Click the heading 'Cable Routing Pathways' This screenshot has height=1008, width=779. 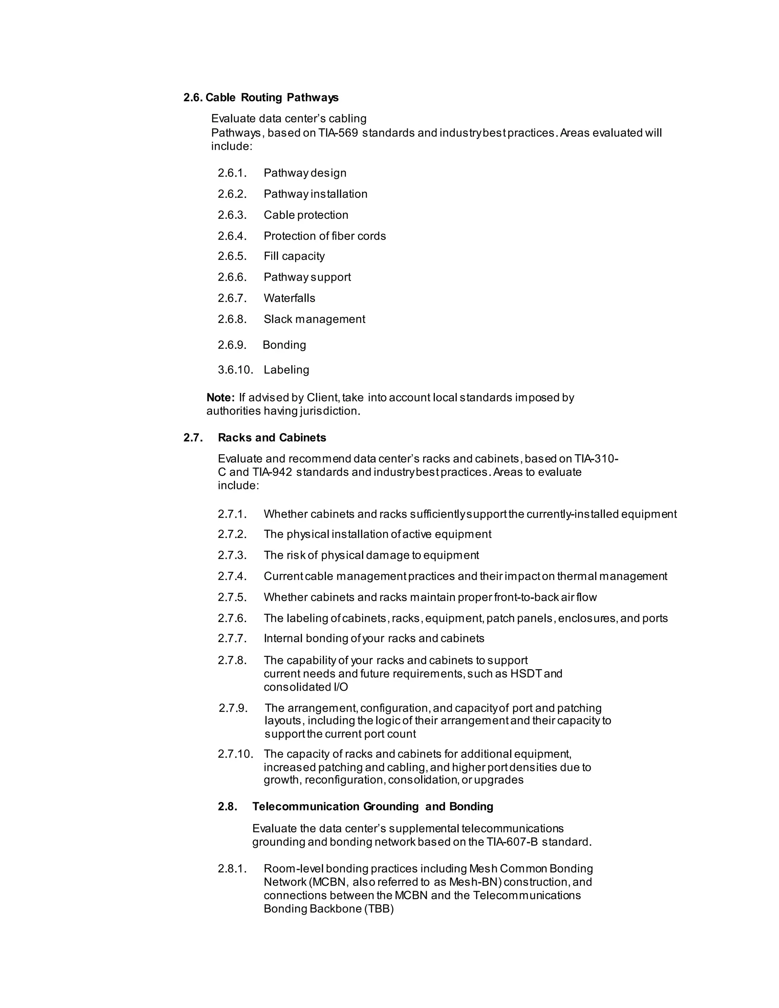(x=272, y=97)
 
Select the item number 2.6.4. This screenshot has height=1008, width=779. (x=232, y=236)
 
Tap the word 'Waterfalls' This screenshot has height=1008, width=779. (x=289, y=298)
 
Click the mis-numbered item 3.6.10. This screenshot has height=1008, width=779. (x=235, y=370)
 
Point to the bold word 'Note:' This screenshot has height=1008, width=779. (x=221, y=397)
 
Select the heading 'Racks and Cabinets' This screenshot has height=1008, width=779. (x=272, y=437)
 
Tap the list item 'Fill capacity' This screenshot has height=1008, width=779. (x=294, y=256)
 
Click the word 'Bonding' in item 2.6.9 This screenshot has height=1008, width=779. (x=284, y=345)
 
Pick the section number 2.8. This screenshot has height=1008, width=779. (x=227, y=806)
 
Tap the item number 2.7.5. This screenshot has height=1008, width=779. (x=232, y=597)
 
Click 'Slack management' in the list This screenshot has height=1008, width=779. (x=314, y=319)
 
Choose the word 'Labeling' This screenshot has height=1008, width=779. (x=286, y=370)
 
